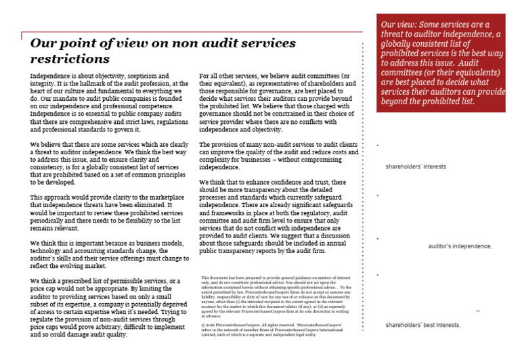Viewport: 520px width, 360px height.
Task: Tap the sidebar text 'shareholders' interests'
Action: click(416, 166)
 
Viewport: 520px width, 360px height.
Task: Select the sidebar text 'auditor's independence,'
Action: click(460, 246)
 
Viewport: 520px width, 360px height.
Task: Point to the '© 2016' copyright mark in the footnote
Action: click(210, 324)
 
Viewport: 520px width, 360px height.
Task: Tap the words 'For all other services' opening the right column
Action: click(230, 76)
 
